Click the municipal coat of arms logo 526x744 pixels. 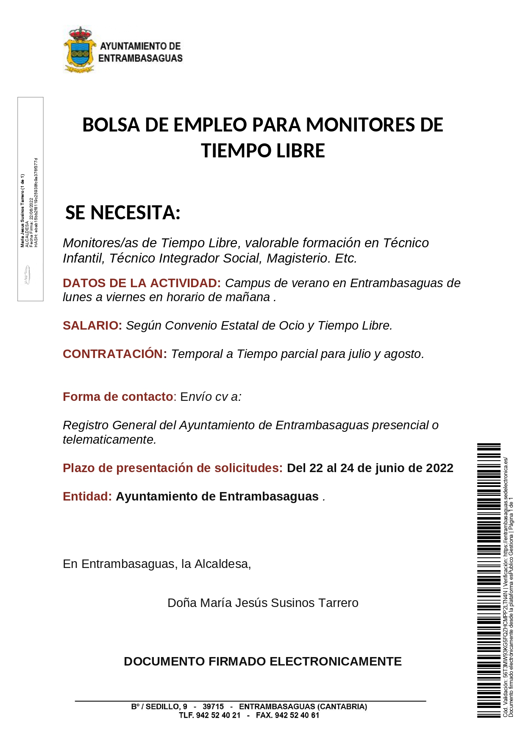point(79,50)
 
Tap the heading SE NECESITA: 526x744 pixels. point(123,213)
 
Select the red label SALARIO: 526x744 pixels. point(92,325)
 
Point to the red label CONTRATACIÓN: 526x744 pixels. point(115,354)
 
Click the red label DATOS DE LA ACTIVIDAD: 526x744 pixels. point(142,283)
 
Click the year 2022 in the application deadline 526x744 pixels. point(440,468)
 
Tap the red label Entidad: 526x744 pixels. point(87,496)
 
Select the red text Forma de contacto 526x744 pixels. point(118,397)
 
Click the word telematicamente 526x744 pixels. point(109,439)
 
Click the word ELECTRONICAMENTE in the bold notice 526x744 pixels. point(335,661)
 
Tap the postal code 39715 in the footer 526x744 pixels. point(213,707)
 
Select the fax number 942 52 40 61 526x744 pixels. point(297,715)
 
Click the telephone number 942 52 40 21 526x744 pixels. point(218,715)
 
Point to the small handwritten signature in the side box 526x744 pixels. point(27,275)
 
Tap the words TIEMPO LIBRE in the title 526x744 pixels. point(263,151)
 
